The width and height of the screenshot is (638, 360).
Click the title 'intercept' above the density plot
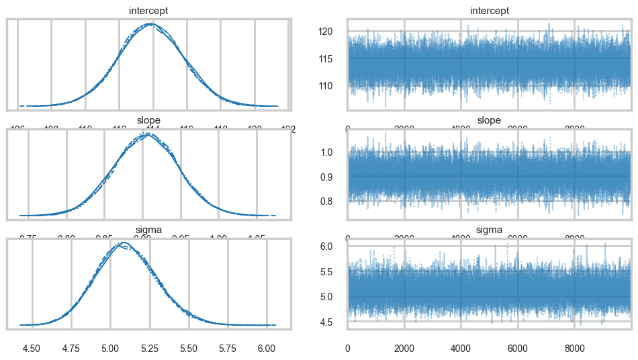[x=148, y=11]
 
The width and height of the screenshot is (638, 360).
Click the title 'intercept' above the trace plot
[x=489, y=11]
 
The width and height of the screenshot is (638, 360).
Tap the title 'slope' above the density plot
[x=148, y=120]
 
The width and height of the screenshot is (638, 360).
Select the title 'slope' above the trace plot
[x=489, y=120]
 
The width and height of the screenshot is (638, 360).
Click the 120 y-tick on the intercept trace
[x=333, y=31]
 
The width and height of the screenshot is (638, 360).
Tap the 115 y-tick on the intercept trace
[x=333, y=58]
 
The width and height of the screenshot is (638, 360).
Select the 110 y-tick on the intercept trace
[x=333, y=85]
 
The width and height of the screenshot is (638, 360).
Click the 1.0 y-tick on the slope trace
[x=335, y=152]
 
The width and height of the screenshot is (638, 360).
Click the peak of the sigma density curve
[x=123, y=242]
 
